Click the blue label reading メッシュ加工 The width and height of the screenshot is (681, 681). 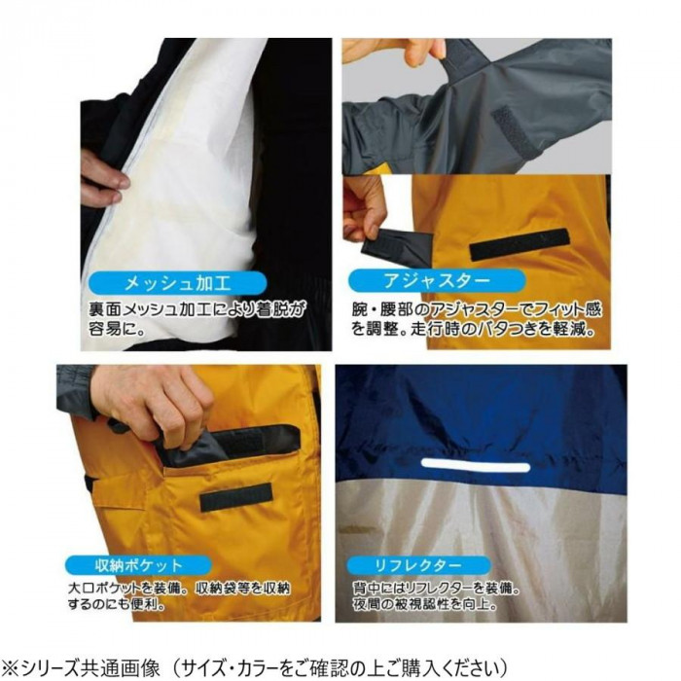click(177, 284)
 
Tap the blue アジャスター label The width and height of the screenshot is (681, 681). click(436, 280)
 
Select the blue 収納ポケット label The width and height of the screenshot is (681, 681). click(138, 565)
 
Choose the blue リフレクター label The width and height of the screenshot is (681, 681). click(418, 565)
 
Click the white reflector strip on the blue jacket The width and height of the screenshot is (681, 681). click(476, 467)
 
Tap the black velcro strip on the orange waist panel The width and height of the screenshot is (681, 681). click(520, 244)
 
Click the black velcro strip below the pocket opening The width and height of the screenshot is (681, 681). click(235, 496)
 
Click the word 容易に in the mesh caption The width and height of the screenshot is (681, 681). click(117, 328)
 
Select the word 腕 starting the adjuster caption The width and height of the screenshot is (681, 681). click(360, 310)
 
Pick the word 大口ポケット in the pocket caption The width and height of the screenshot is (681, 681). click(105, 589)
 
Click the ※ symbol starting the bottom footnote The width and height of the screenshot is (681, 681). click(10, 669)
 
